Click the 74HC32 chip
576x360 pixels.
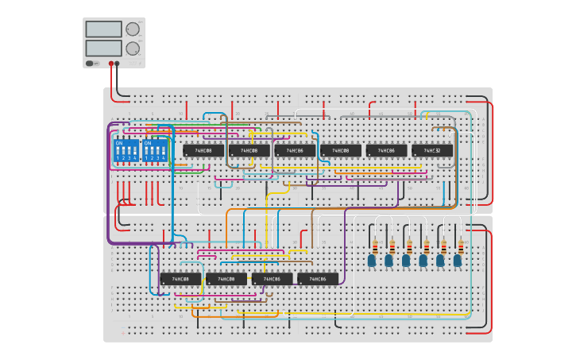[x=432, y=150]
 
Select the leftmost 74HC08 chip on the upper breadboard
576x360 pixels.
[x=203, y=150]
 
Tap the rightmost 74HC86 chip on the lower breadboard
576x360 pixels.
[x=318, y=279]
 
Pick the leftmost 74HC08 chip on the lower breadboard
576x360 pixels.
[x=180, y=279]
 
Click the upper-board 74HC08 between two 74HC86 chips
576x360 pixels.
[x=341, y=150]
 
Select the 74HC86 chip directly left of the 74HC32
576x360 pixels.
[x=386, y=150]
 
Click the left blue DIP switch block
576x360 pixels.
[x=126, y=151]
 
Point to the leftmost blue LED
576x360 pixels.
[x=372, y=260]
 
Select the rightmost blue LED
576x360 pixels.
[x=458, y=260]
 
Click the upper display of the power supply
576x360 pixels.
[x=103, y=29]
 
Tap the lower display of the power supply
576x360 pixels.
[x=103, y=48]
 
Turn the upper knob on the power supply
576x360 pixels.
[x=132, y=29]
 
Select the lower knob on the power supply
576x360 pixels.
[x=132, y=48]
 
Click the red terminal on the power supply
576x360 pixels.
[x=110, y=63]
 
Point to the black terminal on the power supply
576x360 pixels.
[x=118, y=63]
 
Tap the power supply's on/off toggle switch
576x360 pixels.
[x=91, y=63]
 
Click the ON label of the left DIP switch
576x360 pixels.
[x=119, y=143]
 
